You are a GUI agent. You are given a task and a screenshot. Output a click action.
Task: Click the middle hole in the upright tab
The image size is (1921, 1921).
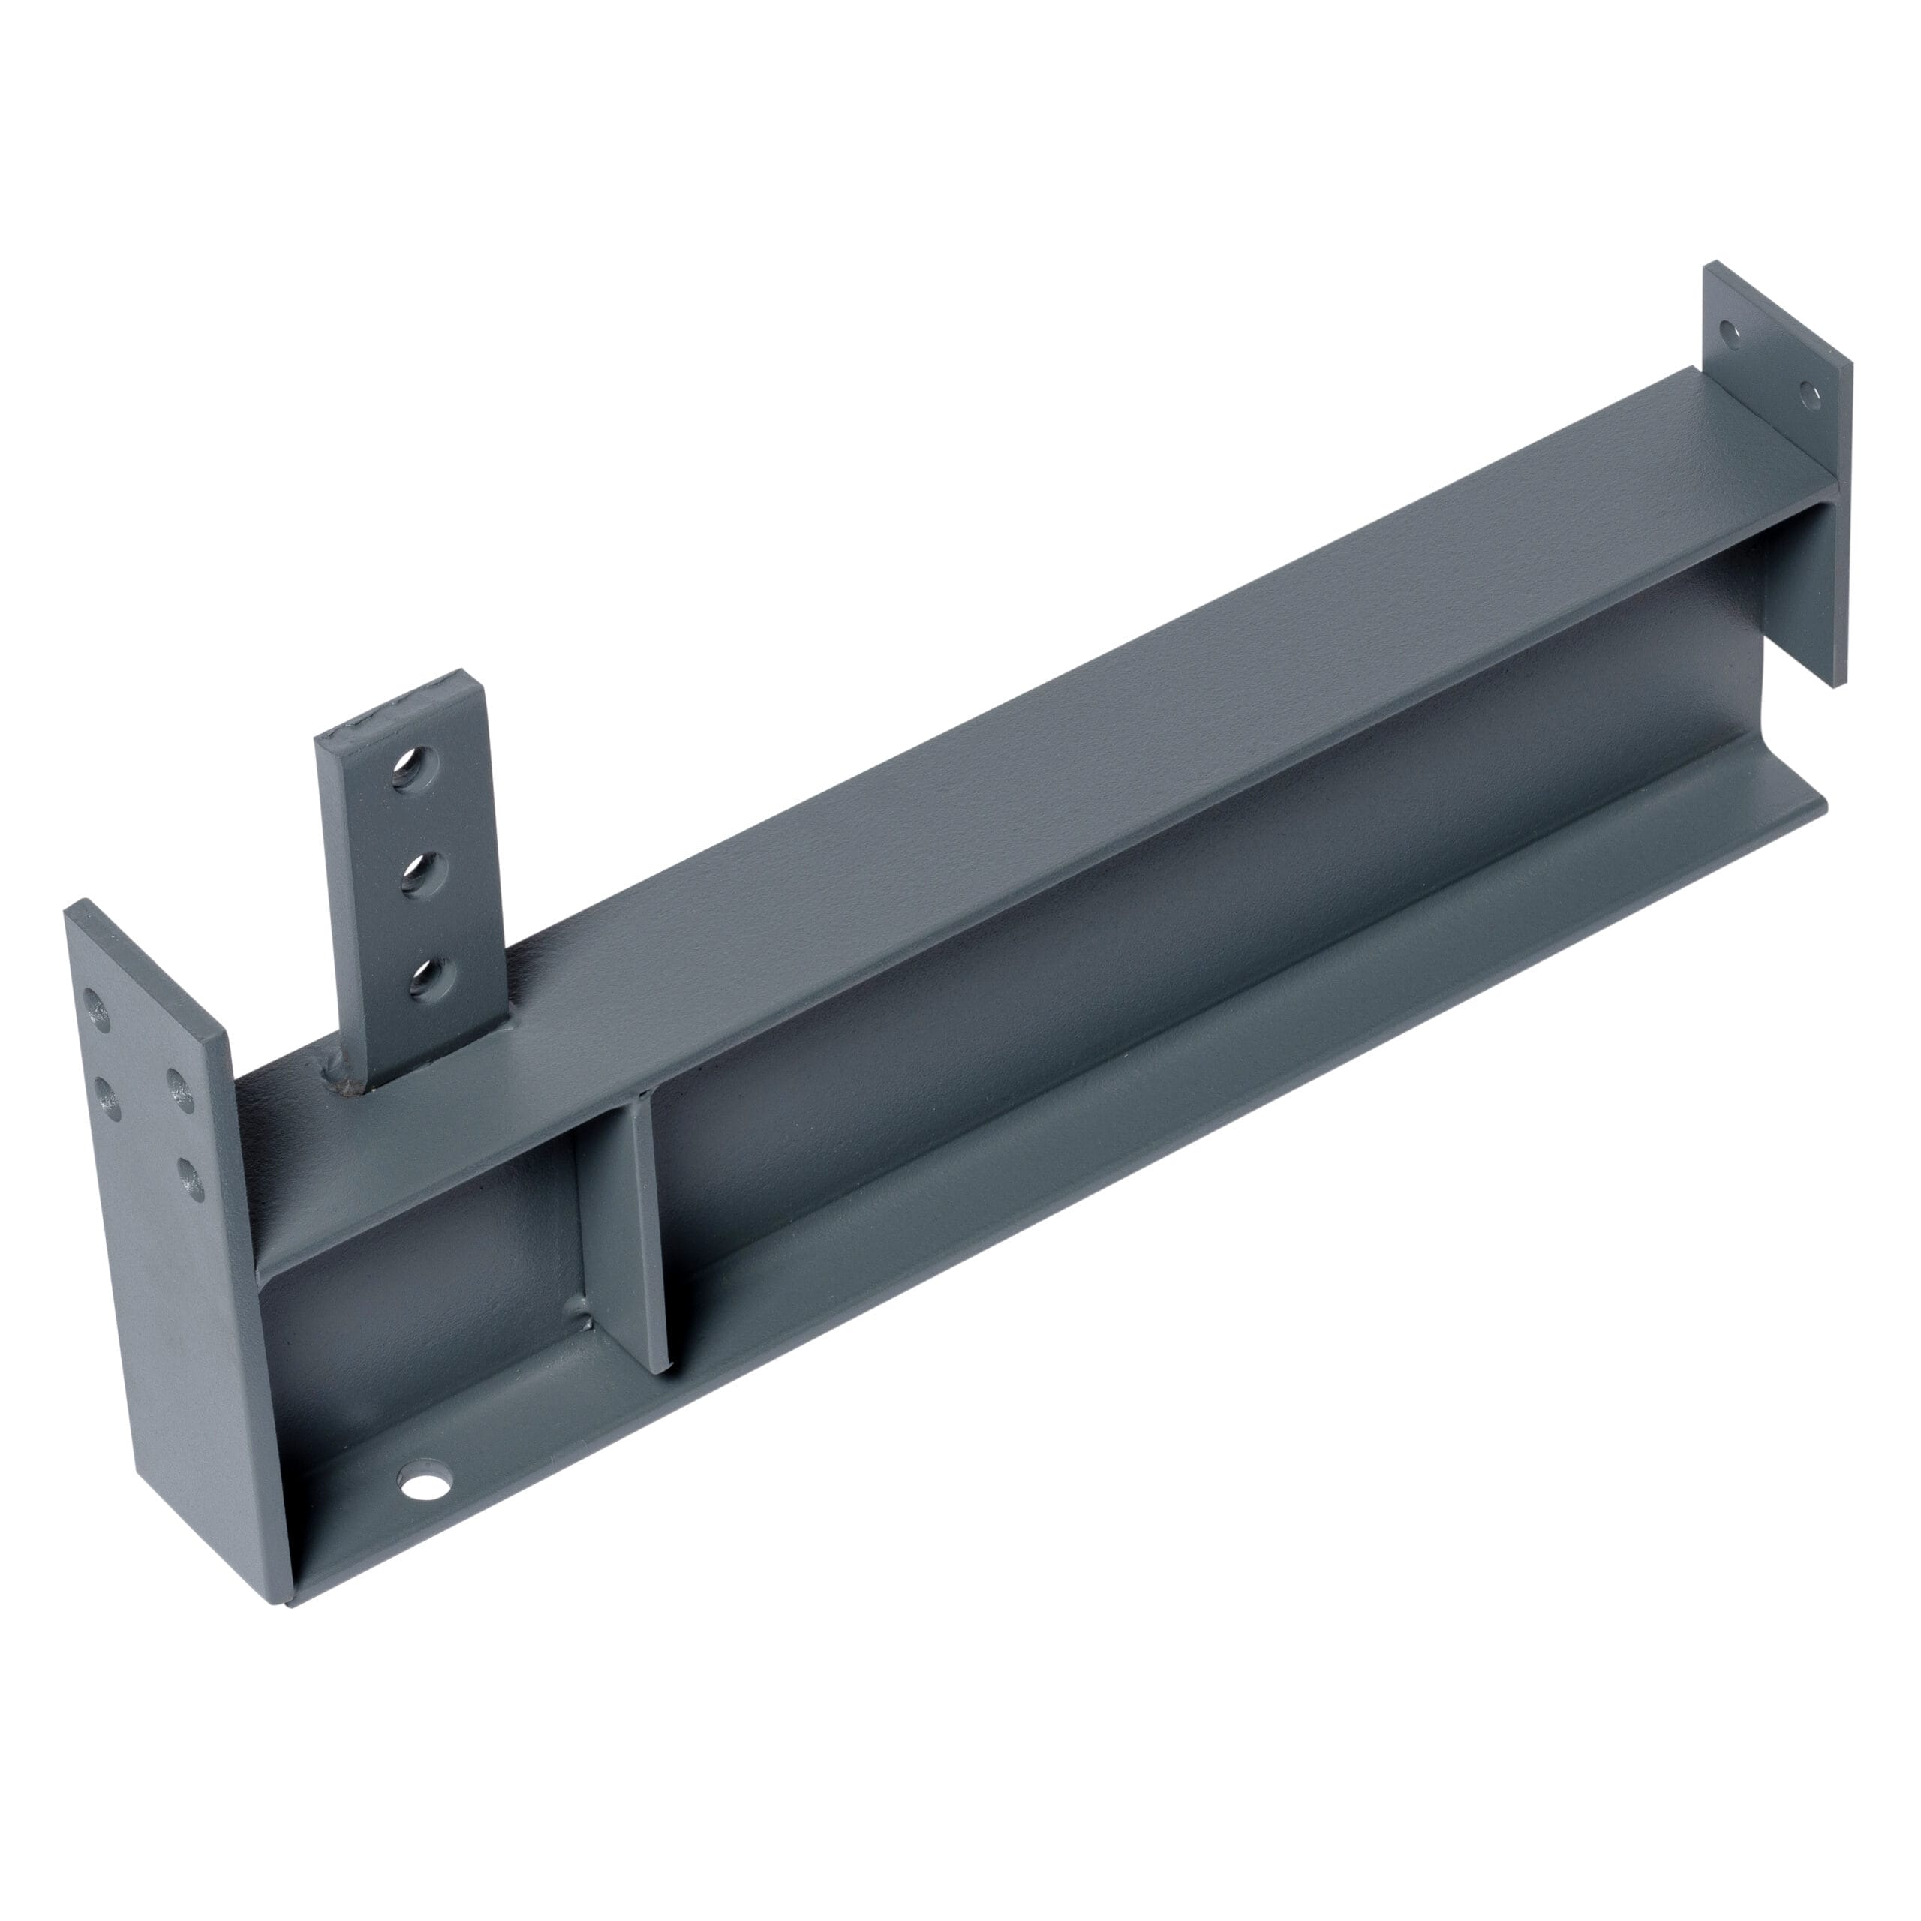(x=422, y=874)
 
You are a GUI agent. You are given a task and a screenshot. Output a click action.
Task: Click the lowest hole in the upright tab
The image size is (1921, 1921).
(x=429, y=979)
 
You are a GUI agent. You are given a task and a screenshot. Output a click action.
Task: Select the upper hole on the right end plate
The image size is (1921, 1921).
(x=1731, y=333)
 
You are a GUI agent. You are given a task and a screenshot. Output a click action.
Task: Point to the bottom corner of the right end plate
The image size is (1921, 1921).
(x=1835, y=685)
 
